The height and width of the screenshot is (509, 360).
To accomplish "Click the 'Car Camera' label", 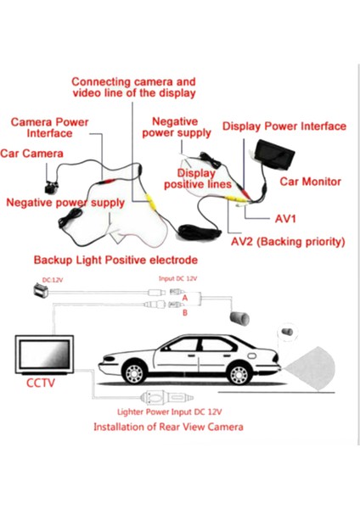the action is (31, 154).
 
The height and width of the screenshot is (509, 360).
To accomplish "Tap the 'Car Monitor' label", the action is (310, 182).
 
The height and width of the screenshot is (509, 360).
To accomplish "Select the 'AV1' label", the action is (285, 219).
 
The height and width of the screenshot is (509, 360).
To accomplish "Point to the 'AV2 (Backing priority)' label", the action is (288, 242).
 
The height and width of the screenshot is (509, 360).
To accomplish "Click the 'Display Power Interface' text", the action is (284, 126).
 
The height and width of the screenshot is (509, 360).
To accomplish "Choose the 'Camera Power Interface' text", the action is (49, 127).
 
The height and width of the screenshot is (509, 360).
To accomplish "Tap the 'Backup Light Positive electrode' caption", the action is (115, 260).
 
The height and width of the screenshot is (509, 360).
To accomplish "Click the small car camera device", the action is (52, 187).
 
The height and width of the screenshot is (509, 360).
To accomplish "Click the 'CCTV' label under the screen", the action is (40, 383).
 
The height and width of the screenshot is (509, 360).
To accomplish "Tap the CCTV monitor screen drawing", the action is (44, 354).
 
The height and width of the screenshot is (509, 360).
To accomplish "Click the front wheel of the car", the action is (134, 372).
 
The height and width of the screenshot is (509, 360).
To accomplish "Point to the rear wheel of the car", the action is (239, 373).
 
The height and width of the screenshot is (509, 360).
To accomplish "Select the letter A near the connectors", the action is (185, 298).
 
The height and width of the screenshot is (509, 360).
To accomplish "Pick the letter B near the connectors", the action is (185, 312).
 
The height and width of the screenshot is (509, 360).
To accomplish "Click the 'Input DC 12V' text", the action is (177, 278).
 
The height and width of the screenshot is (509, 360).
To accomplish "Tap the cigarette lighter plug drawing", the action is (166, 398).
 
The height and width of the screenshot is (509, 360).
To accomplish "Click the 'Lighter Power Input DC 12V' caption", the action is (169, 412).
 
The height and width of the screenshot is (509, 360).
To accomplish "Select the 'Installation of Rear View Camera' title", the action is (168, 427).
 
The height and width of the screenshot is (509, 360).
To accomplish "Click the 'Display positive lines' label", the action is (198, 178).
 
